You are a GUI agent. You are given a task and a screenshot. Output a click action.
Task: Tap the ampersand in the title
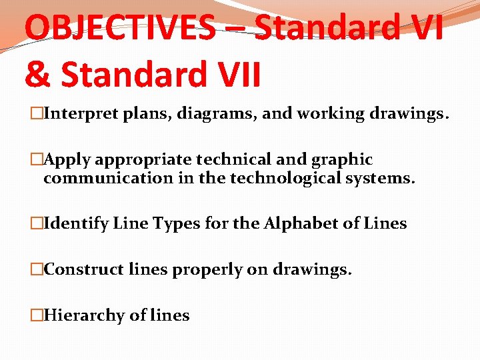click(37, 75)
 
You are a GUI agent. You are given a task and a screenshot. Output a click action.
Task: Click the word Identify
click(75, 224)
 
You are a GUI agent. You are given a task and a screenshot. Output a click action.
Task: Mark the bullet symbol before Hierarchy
click(37, 315)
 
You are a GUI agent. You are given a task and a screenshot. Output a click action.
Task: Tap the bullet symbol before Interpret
click(37, 114)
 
